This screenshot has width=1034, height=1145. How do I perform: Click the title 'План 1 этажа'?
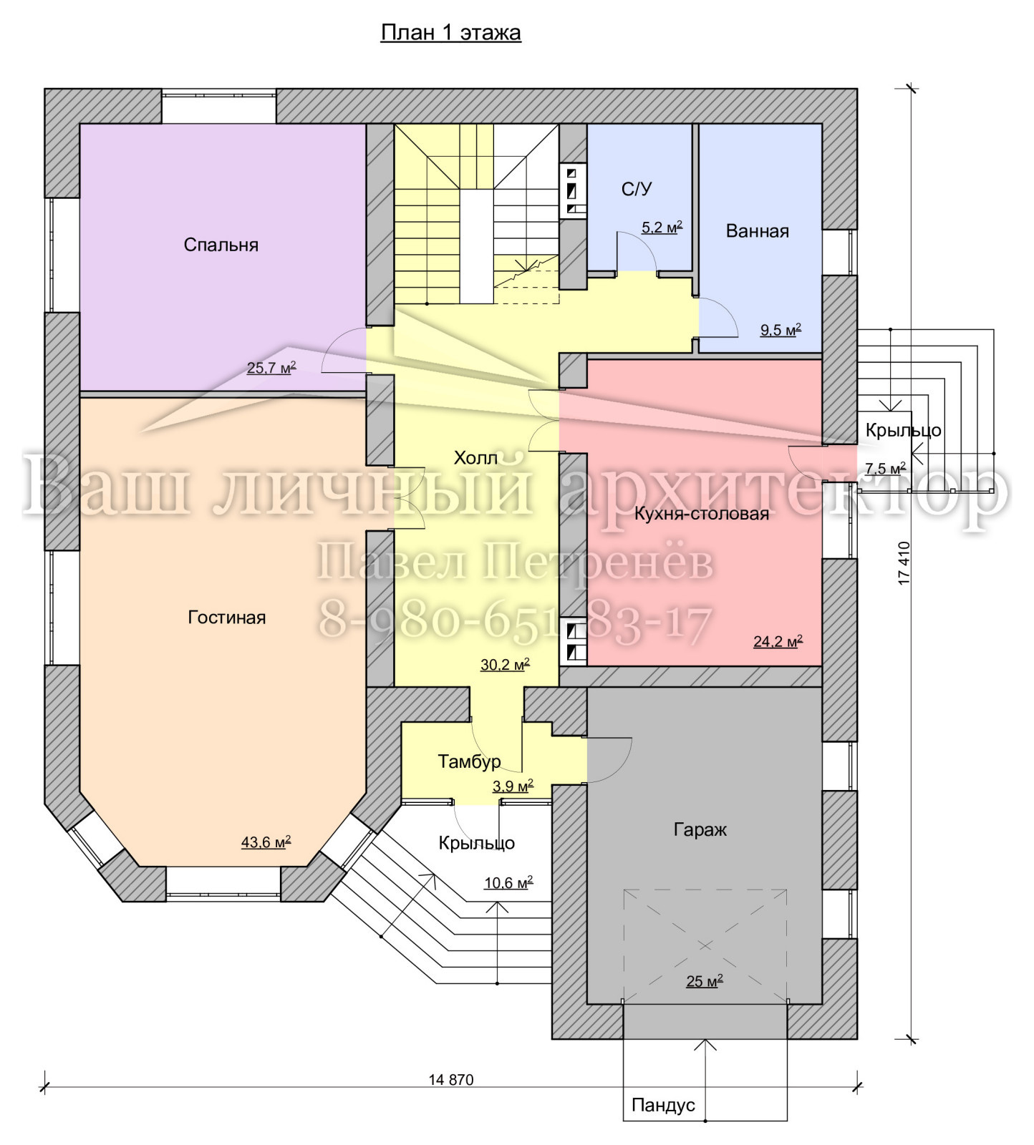click(450, 33)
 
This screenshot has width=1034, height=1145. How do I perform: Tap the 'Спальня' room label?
click(221, 245)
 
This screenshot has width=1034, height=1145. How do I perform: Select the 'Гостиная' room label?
click(226, 617)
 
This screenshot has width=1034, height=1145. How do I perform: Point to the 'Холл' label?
click(475, 458)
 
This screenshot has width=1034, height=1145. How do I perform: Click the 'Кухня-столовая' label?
click(701, 513)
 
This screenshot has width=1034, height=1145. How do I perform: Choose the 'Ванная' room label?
click(757, 231)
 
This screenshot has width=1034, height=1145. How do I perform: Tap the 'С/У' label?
click(637, 189)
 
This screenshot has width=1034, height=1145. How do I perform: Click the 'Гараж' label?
click(700, 829)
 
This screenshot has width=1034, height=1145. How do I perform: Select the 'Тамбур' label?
click(469, 761)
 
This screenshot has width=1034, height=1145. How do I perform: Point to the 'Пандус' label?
click(663, 1105)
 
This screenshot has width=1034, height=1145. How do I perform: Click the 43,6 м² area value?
click(266, 842)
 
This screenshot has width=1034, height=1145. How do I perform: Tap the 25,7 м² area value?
click(271, 368)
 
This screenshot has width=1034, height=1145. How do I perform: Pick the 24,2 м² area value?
click(778, 641)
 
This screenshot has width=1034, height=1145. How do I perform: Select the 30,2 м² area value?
click(505, 664)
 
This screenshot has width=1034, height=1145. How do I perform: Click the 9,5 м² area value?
click(781, 330)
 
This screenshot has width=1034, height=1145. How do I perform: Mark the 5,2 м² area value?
click(662, 228)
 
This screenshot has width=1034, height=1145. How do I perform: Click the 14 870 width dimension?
click(451, 1080)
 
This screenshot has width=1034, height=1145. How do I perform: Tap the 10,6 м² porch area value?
click(508, 883)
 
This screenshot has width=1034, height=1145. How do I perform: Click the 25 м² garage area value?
click(705, 981)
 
